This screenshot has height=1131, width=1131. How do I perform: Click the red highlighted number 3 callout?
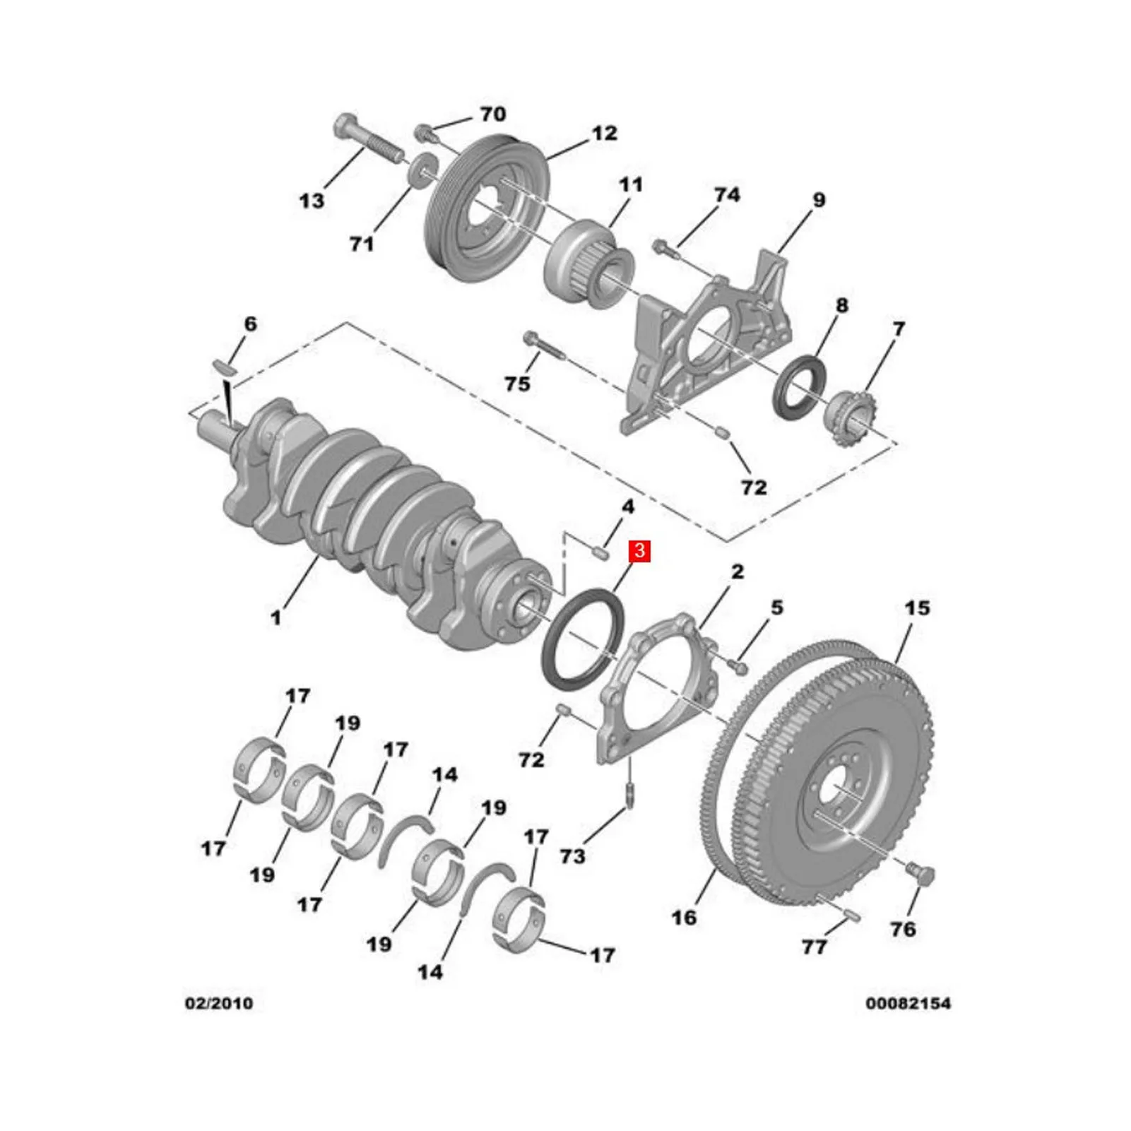coord(639,550)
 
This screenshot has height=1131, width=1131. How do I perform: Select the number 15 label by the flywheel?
coord(917,608)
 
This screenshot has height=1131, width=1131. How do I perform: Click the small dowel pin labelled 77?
coord(851,916)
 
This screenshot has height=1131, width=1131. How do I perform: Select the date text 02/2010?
coord(218,1003)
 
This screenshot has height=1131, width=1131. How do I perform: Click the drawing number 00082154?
coord(908,1003)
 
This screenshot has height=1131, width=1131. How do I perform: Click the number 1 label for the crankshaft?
coord(276,617)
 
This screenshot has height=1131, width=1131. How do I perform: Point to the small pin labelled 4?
coord(600,551)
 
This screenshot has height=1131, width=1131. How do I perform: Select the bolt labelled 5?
coord(738,665)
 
